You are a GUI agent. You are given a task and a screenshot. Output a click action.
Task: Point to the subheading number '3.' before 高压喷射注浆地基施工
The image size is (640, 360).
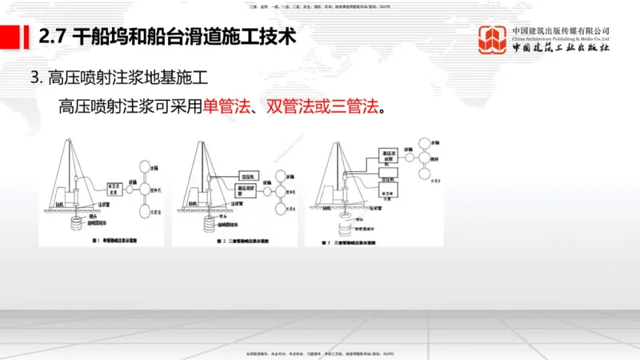35,78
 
